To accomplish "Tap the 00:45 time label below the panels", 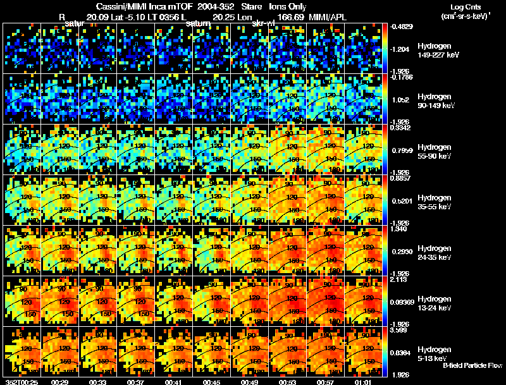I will (213, 382).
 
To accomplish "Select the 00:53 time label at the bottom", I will (289, 382).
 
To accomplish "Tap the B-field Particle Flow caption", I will (472, 365).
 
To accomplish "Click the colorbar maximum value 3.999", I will (399, 330).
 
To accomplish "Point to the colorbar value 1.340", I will (399, 229).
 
